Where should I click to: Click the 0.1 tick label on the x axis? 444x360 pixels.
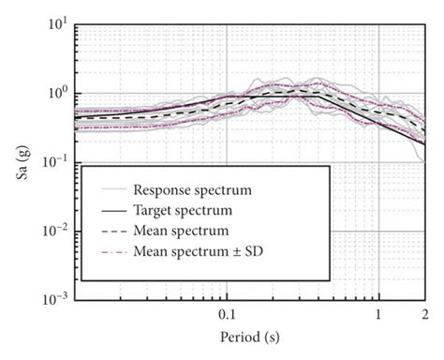228,313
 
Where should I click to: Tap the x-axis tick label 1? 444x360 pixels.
378,313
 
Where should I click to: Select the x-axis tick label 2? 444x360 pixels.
423,313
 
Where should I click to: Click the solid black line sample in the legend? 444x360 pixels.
108,207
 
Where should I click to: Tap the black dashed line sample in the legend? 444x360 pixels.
108,229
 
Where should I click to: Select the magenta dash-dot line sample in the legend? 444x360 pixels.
108,250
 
